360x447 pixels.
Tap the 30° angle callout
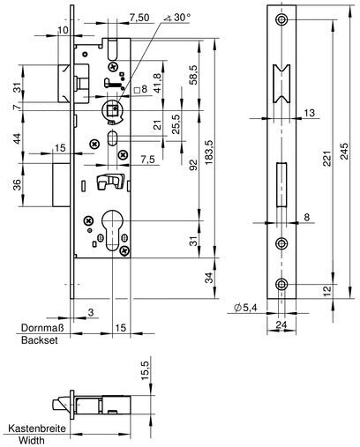[x=177, y=18]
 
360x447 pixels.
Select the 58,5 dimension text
[x=193, y=75]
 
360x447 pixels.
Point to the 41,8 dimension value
[x=158, y=83]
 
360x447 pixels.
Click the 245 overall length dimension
[x=344, y=151]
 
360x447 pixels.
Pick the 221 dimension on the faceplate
[x=327, y=159]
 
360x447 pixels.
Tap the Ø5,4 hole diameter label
[x=245, y=308]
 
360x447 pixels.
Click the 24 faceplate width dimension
[x=281, y=324]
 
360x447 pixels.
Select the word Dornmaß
[x=42, y=328]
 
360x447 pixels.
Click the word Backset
[x=40, y=340]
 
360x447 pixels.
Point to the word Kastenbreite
[x=37, y=428]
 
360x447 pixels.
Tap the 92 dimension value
[x=193, y=165]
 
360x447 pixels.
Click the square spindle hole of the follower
[x=113, y=111]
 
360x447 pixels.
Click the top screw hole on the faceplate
[x=281, y=19]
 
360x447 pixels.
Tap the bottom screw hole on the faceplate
[x=281, y=285]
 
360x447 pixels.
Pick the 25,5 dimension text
[x=176, y=124]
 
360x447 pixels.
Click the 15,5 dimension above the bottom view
[x=146, y=370]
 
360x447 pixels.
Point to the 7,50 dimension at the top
[x=139, y=18]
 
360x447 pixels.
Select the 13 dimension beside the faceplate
[x=310, y=113]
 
